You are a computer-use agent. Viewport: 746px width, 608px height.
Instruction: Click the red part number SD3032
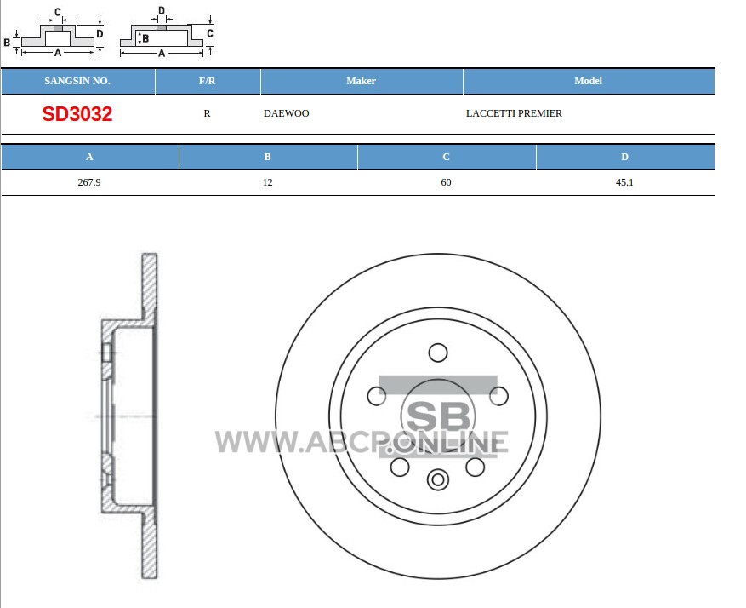(x=77, y=114)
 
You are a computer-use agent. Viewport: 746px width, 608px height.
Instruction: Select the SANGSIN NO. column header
(x=77, y=81)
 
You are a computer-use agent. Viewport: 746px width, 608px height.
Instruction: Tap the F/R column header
(x=207, y=81)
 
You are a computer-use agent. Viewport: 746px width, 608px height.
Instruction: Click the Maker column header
(x=362, y=81)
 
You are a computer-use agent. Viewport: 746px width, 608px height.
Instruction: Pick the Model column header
(x=588, y=81)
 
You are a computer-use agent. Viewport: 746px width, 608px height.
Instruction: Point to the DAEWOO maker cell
(x=287, y=113)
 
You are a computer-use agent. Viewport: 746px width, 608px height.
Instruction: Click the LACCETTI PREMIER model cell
(x=514, y=113)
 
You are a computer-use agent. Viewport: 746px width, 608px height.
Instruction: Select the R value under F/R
(x=207, y=113)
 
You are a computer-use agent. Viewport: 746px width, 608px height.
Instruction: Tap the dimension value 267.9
(x=89, y=182)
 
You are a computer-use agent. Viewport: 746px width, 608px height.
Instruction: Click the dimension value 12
(x=268, y=182)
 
